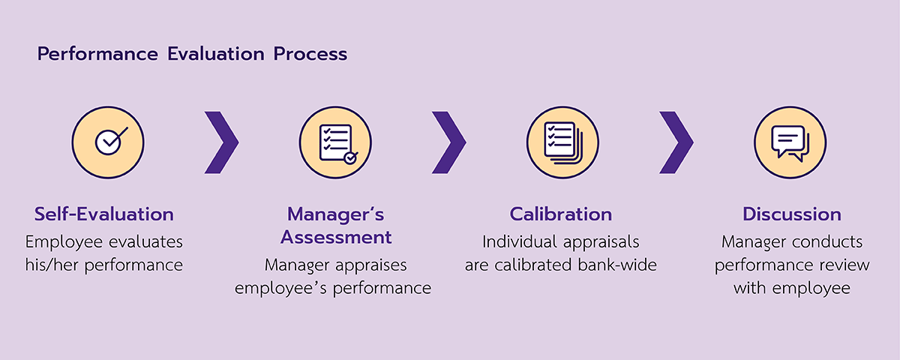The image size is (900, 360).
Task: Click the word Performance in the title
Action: [97, 55]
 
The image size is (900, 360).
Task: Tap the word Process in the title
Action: [310, 54]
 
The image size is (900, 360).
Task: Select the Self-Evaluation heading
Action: [104, 214]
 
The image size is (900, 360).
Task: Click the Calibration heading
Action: [561, 214]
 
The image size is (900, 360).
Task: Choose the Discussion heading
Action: [792, 214]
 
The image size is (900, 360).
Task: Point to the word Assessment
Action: [336, 237]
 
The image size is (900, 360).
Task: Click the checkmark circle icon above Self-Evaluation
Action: [108, 142]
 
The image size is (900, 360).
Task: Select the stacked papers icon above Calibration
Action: [563, 142]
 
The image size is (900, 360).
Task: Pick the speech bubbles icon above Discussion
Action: [790, 142]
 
